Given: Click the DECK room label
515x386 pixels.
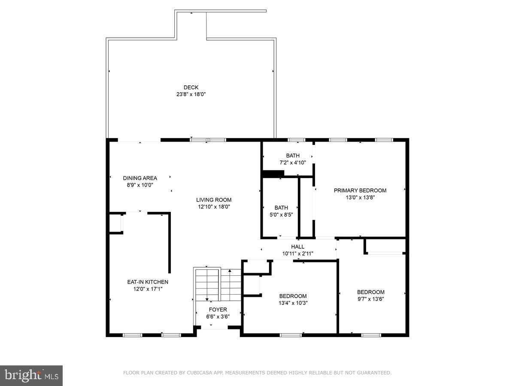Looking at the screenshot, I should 191,87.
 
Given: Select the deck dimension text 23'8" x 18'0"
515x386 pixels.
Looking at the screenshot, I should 191,94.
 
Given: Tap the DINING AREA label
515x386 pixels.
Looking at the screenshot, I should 140,178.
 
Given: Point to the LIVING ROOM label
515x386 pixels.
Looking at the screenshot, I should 214,200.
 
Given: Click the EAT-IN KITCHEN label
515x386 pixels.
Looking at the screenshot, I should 148,282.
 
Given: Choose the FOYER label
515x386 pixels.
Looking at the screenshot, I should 218,310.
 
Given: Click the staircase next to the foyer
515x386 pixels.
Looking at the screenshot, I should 218,285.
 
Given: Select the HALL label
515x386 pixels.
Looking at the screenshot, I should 297,247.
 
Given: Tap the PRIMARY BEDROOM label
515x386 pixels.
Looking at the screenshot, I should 360,190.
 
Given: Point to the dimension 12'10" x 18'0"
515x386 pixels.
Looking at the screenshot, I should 214,207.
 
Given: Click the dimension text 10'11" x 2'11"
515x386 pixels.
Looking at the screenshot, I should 297,253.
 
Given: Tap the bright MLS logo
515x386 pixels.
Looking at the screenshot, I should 31,375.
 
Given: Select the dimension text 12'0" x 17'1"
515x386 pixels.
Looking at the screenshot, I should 148,289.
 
